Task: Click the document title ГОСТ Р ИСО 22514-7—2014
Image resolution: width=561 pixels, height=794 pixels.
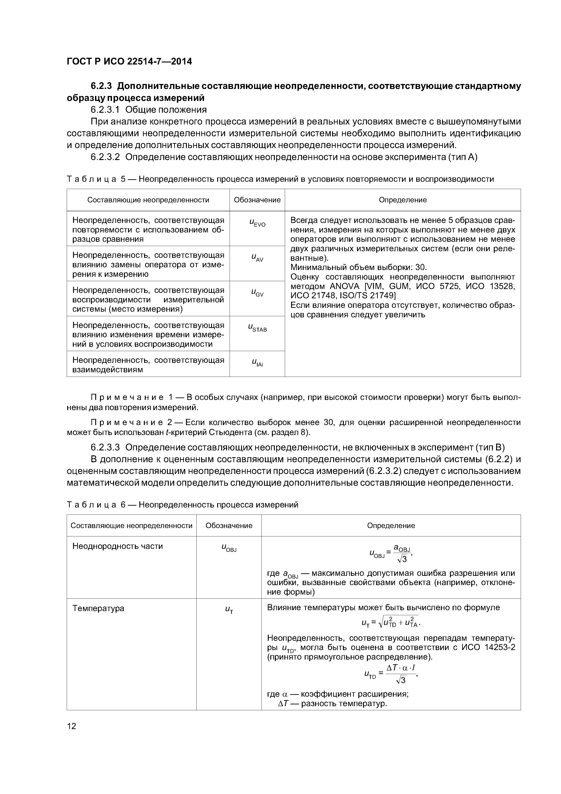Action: (x=129, y=62)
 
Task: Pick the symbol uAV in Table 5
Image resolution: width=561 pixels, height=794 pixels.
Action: (x=257, y=258)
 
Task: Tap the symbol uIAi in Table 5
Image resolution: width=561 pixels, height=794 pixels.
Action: (x=257, y=363)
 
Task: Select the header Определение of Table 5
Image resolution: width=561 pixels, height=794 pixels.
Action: (x=403, y=200)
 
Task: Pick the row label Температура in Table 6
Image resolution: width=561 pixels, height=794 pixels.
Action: (x=98, y=608)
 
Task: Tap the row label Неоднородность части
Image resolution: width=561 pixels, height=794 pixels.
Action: (x=117, y=546)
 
